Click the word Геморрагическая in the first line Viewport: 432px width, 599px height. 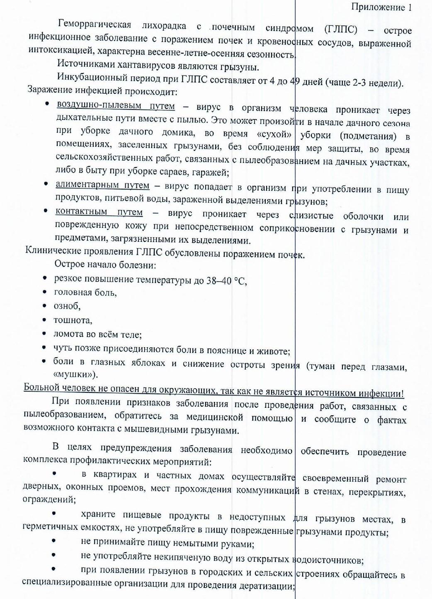pyautogui.click(x=95, y=24)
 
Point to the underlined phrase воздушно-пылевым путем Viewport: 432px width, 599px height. pyautogui.click(x=116, y=105)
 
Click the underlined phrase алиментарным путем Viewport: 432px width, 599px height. pyautogui.click(x=102, y=185)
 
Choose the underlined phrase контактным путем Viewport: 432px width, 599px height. pyautogui.click(x=99, y=212)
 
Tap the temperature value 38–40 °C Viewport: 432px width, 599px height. pyautogui.click(x=226, y=281)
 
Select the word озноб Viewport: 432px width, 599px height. pyautogui.click(x=67, y=306)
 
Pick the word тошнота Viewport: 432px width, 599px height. pyautogui.click(x=73, y=320)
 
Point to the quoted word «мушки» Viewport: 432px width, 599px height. pyautogui.click(x=75, y=374)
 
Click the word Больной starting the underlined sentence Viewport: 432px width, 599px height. pyautogui.click(x=42, y=387)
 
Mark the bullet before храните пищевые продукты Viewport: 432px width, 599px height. pyautogui.click(x=54, y=513)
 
